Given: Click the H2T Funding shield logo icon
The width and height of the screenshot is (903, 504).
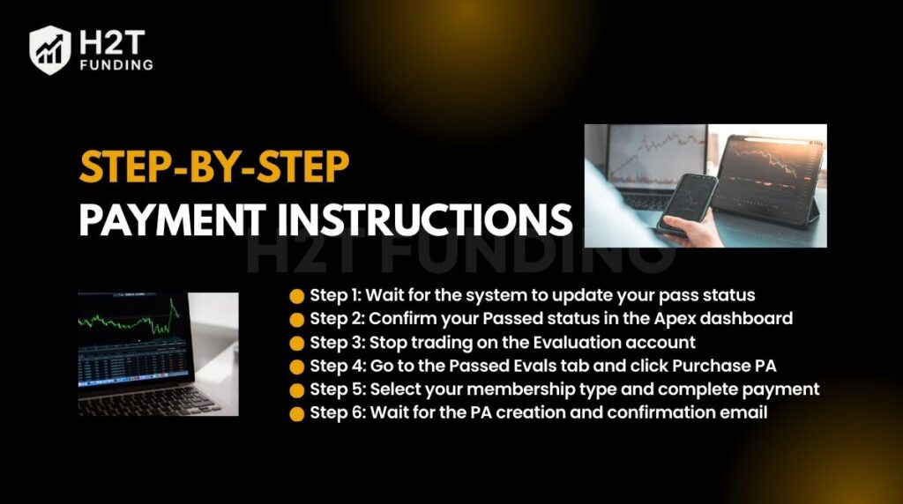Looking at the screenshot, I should [50, 49].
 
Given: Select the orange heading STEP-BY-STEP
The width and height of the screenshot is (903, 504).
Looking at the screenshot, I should [214, 168].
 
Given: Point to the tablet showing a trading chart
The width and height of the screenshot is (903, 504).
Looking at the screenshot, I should [765, 173].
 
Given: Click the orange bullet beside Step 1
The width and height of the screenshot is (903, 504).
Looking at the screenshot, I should [296, 294].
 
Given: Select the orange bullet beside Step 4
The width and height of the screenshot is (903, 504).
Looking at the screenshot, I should [296, 366].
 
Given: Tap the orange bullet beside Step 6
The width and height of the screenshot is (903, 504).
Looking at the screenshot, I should [296, 413].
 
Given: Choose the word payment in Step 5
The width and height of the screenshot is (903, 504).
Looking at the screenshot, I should [787, 389].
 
